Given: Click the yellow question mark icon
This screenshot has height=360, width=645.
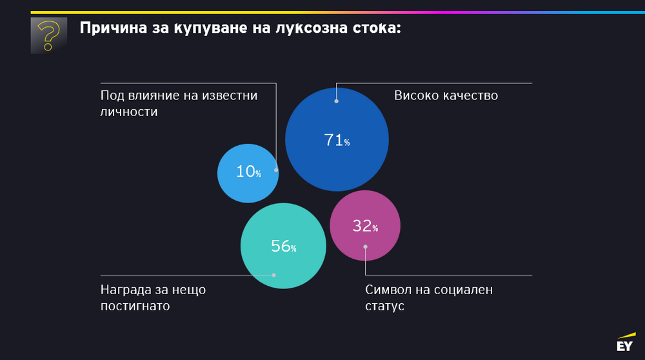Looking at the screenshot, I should click(x=48, y=35).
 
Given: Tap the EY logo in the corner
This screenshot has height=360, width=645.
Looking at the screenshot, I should click(x=624, y=344).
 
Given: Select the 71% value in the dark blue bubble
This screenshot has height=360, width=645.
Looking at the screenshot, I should click(x=337, y=139).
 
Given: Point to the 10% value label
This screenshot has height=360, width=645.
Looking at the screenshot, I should click(x=248, y=172).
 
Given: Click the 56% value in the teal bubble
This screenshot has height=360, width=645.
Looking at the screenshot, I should click(x=283, y=246).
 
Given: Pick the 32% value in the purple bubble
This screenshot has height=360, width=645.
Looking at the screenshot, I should click(x=364, y=226).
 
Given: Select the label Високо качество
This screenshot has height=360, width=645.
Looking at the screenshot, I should click(x=446, y=95).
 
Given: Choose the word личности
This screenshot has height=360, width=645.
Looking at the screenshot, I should click(x=129, y=112).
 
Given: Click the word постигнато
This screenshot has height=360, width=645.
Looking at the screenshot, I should click(x=135, y=306).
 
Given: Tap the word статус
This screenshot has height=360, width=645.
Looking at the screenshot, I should click(x=384, y=306).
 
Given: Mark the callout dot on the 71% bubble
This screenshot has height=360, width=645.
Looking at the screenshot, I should click(x=336, y=101).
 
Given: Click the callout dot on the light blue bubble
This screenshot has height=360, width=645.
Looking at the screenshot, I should click(x=276, y=170).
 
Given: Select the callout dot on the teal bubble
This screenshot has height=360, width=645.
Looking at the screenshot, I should click(x=274, y=275).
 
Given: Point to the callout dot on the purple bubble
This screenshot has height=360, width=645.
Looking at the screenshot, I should click(x=365, y=246).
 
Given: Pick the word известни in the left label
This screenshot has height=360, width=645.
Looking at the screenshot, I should click(x=228, y=95).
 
